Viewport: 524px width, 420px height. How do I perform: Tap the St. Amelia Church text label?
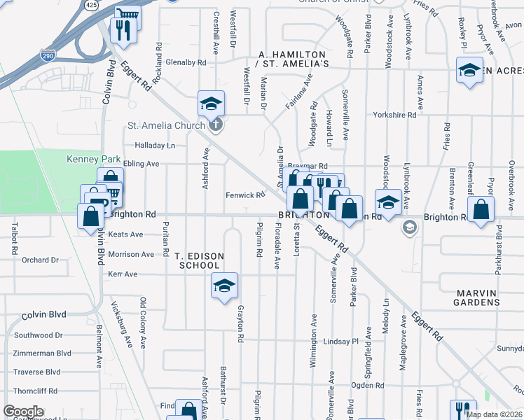166,126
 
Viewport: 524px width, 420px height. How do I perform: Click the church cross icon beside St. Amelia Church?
216,126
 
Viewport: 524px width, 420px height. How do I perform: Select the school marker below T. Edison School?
224,286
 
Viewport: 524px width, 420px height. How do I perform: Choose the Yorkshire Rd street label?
394,115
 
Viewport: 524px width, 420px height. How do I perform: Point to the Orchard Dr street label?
40,260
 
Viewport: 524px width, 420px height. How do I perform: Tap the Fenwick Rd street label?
244,195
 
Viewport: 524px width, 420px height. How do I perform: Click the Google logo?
23,412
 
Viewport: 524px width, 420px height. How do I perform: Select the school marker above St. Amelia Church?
211,105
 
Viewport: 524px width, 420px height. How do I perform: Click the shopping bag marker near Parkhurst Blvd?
481,209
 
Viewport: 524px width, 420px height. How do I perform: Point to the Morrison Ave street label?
131,254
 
